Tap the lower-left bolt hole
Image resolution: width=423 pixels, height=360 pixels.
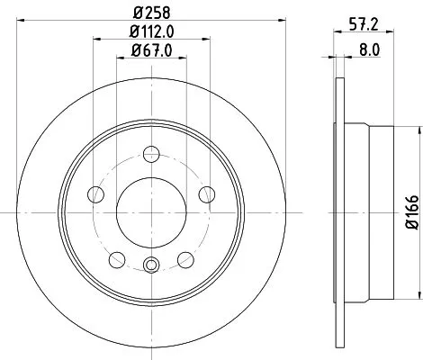(115, 258)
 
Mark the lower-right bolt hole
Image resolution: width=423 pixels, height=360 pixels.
(184, 258)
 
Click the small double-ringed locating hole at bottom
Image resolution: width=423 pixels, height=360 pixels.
(150, 264)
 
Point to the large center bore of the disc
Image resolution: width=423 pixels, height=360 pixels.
(150, 211)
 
